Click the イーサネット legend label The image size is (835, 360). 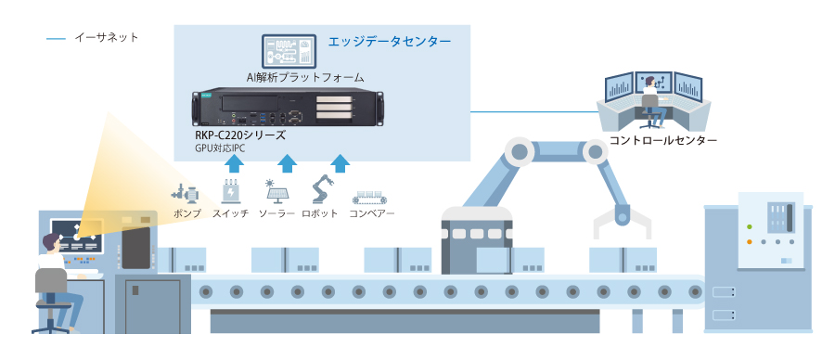coord(106,38)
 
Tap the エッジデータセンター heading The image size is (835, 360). coord(390,42)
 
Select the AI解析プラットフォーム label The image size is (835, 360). coord(304,77)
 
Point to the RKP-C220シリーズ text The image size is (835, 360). coord(240,135)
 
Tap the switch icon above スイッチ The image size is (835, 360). coord(230,191)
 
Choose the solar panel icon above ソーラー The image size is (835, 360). coord(276,191)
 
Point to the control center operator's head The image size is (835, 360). coord(651,81)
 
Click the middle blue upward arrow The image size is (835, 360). coord(289,163)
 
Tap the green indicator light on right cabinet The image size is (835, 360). coord(749,225)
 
